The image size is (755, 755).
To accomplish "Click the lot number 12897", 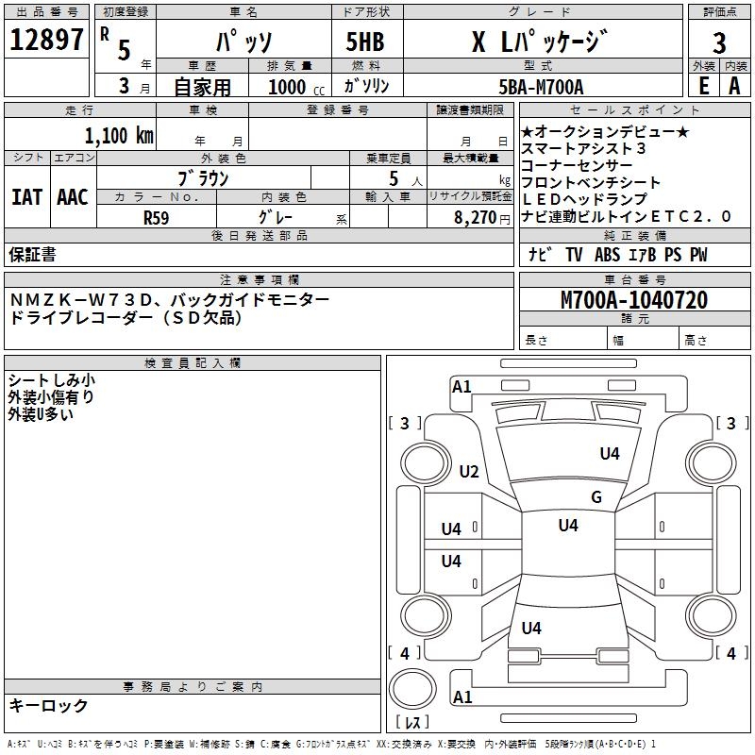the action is click(x=46, y=40).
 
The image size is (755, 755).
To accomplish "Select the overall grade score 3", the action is click(x=719, y=43).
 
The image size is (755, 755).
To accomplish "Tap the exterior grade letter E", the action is click(x=703, y=86).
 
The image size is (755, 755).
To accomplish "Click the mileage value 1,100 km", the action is click(x=119, y=136).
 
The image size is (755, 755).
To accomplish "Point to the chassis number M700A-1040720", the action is click(x=634, y=300).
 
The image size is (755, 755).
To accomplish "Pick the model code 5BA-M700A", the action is click(x=541, y=87).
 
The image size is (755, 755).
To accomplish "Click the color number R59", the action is click(x=156, y=218).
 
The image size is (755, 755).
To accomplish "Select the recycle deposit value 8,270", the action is click(x=475, y=218).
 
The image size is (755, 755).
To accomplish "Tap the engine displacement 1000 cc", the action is click(x=296, y=88).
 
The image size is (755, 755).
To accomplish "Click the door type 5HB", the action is click(x=365, y=42).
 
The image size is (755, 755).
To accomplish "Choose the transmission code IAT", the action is click(x=27, y=197).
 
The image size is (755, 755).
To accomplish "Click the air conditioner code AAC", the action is click(x=73, y=197).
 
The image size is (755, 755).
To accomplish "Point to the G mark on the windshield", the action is click(x=596, y=496).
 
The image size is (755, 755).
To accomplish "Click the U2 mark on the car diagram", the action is click(x=469, y=471).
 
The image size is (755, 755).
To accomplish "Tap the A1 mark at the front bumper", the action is click(x=461, y=387).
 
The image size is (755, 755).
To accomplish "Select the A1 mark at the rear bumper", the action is click(x=462, y=696).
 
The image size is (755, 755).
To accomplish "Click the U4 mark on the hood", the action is click(x=610, y=453).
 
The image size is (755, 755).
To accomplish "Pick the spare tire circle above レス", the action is click(x=412, y=689).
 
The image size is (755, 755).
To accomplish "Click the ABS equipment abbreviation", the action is click(x=607, y=255).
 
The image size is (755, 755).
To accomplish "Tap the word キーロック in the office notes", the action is click(x=49, y=705).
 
